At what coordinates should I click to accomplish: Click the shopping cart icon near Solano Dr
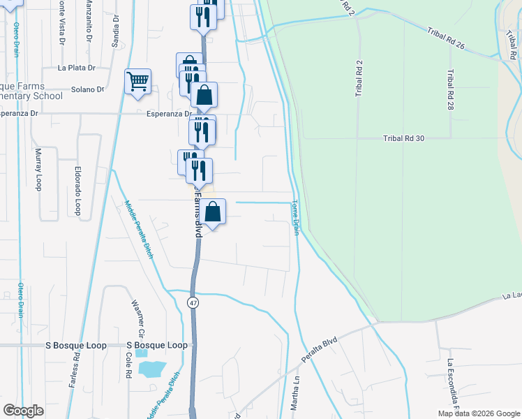(x=137, y=81)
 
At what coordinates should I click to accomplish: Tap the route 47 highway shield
(x=193, y=301)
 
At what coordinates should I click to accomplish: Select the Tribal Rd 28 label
(x=452, y=90)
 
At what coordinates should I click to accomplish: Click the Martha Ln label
(x=295, y=401)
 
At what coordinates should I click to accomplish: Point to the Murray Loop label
(x=38, y=168)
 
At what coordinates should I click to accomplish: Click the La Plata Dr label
(x=76, y=68)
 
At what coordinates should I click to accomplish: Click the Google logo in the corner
(x=23, y=411)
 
